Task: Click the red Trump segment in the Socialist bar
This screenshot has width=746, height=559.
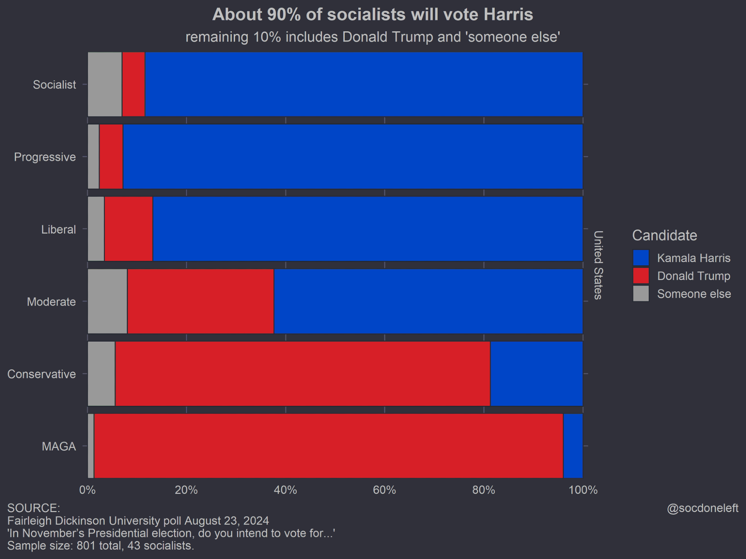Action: click(134, 84)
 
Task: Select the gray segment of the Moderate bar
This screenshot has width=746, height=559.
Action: click(107, 301)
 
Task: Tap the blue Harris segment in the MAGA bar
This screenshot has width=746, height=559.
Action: click(573, 446)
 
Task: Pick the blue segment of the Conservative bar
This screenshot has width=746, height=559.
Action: click(536, 373)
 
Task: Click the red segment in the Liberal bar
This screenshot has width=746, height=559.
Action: click(129, 229)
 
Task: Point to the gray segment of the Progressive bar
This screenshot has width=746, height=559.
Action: click(93, 157)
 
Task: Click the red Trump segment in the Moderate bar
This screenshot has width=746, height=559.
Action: click(201, 301)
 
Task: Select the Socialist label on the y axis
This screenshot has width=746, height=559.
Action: click(54, 85)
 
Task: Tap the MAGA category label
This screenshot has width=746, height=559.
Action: click(59, 446)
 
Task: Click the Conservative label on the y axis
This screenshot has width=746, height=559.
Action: click(42, 374)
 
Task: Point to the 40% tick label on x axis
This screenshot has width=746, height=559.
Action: click(285, 490)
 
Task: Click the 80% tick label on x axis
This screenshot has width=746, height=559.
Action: click(484, 490)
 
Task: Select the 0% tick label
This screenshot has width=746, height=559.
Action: click(88, 490)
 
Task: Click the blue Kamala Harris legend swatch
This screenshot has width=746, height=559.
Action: click(641, 258)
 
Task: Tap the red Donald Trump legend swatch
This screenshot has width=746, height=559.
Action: click(641, 276)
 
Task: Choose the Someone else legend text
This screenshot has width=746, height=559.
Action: click(694, 294)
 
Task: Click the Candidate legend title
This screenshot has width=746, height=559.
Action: click(665, 236)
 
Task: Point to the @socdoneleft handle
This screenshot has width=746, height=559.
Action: click(702, 508)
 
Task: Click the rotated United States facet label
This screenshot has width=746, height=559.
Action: click(598, 265)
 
